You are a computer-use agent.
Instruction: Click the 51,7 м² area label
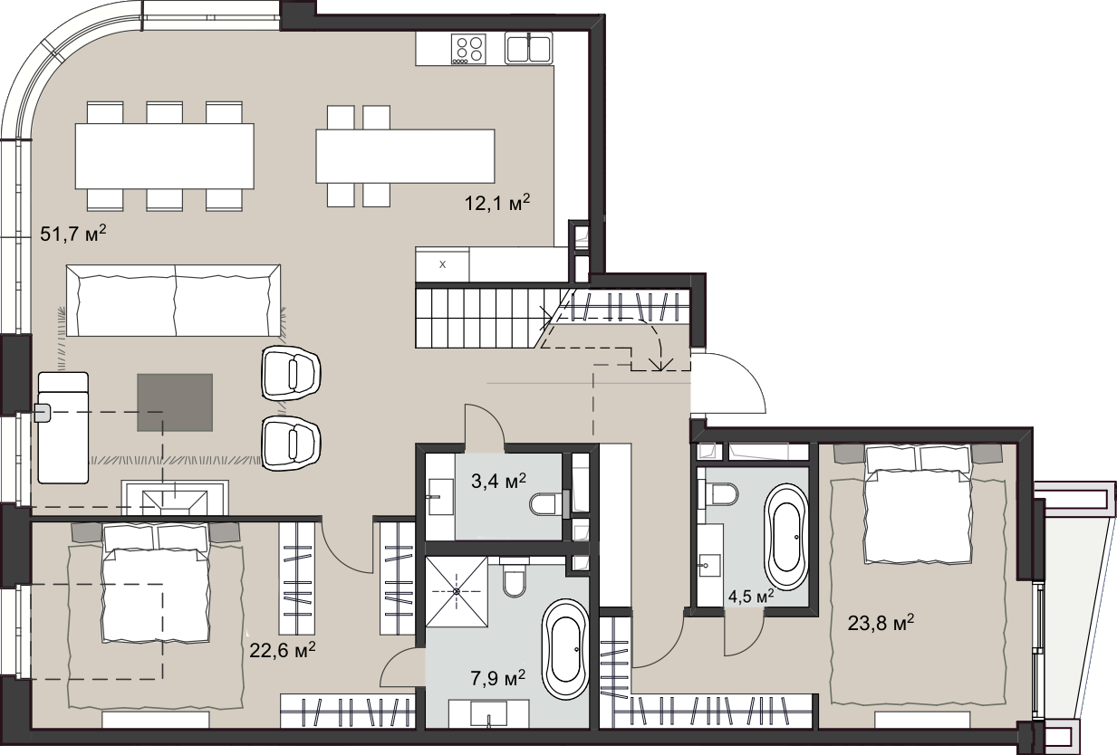(73, 233)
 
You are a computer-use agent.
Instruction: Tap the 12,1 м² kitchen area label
(497, 203)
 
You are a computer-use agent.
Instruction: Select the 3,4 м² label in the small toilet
(498, 481)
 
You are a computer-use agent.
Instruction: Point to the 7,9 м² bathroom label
(497, 678)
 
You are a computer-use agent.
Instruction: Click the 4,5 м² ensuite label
(751, 596)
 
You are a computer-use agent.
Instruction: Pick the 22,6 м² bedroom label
(283, 650)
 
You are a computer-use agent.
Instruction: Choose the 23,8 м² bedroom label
(881, 623)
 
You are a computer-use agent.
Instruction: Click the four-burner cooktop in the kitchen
(468, 49)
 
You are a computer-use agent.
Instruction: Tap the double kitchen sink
(528, 48)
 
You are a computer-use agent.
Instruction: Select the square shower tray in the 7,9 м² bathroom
(457, 591)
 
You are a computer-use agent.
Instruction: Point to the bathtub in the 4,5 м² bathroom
(786, 537)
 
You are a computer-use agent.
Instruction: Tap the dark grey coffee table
(175, 402)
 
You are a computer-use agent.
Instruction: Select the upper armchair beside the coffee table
(291, 374)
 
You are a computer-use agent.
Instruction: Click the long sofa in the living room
(173, 301)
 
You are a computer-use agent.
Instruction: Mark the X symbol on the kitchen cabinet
(442, 264)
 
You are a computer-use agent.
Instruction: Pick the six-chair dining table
(165, 156)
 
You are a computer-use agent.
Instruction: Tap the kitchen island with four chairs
(405, 156)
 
